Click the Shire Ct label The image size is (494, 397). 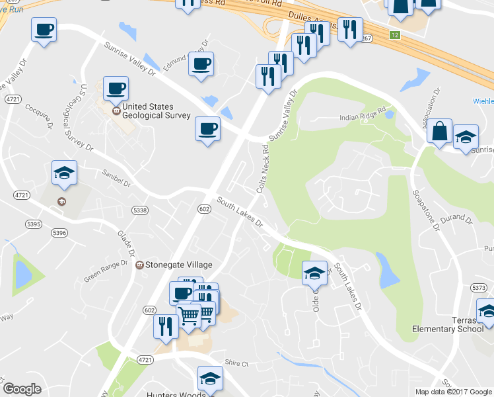[236, 364]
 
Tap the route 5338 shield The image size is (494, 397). [139, 210]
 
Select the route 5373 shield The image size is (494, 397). [479, 288]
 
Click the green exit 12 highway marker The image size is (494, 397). [394, 34]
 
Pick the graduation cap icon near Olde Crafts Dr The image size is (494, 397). [315, 271]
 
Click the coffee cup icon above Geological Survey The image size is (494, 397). [116, 88]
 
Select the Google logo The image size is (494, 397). [22, 389]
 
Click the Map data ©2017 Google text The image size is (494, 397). [453, 392]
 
